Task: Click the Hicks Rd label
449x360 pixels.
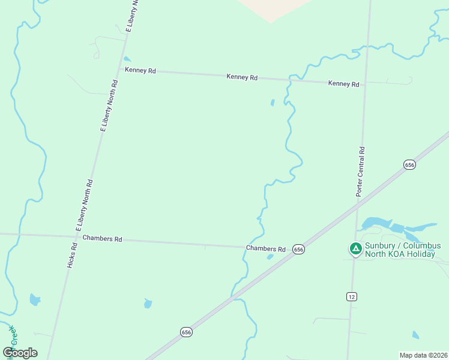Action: click(x=73, y=255)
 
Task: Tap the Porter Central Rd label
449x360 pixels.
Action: click(x=361, y=172)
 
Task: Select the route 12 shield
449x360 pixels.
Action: click(x=352, y=296)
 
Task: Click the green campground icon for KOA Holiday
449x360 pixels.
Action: click(x=355, y=248)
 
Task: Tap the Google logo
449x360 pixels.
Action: click(x=20, y=353)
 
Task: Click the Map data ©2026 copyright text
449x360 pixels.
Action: click(x=423, y=355)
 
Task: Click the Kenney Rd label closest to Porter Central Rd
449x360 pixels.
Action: click(x=343, y=84)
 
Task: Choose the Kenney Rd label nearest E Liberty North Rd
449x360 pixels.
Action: click(x=140, y=70)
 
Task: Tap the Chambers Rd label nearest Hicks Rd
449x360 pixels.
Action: click(x=102, y=238)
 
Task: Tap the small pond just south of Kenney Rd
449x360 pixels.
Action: click(x=273, y=103)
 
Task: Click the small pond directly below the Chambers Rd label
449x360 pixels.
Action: click(x=270, y=257)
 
